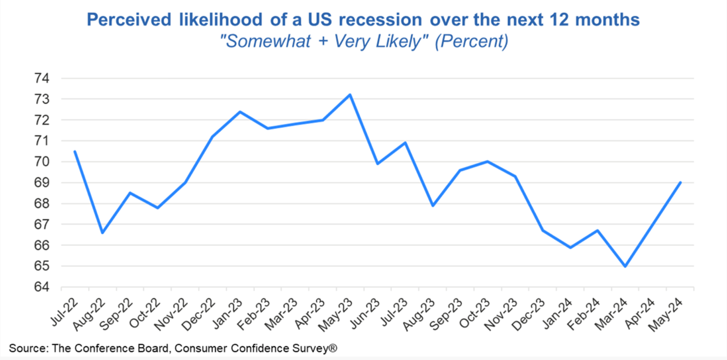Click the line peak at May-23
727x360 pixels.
(x=350, y=95)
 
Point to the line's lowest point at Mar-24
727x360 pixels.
(x=625, y=266)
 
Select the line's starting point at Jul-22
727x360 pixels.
(x=75, y=151)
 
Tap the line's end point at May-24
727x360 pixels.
(x=680, y=182)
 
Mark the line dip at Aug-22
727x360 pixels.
(x=103, y=233)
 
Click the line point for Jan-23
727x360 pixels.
(x=240, y=111)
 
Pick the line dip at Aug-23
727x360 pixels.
(x=433, y=205)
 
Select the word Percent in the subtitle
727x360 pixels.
(x=471, y=41)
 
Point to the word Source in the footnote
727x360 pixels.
(x=26, y=349)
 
